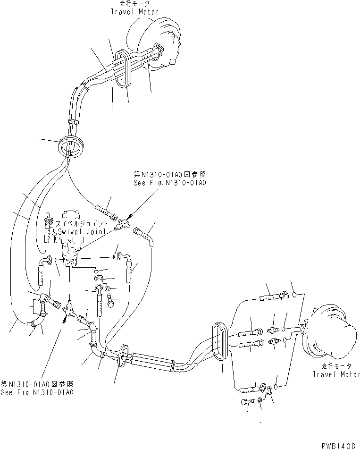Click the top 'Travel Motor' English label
pyautogui.click(x=134, y=12)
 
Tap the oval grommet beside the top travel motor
pyautogui.click(x=123, y=69)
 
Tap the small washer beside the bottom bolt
pyautogui.click(x=261, y=401)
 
